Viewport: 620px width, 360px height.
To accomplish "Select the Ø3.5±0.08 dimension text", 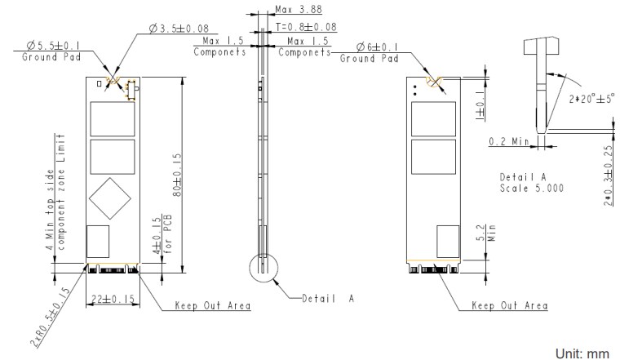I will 179,30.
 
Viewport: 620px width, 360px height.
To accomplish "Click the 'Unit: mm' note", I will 582,351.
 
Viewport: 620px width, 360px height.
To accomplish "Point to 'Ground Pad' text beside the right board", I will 368,59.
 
